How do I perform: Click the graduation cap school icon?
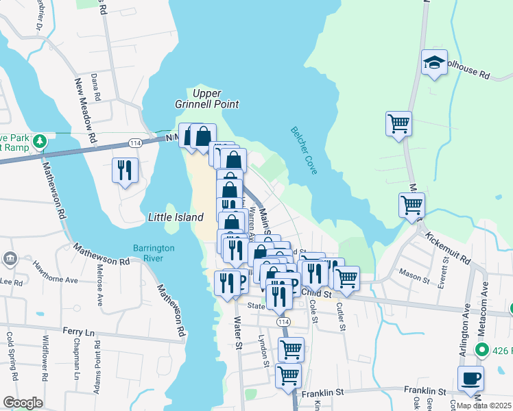coord(434,63)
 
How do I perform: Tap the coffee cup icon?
coord(471,378)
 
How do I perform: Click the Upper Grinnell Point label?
coord(215,99)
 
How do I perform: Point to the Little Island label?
coord(176,217)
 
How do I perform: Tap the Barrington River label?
coord(154,253)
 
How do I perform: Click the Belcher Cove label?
coord(304,150)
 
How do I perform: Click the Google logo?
coord(23,403)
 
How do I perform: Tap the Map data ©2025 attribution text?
coord(483,406)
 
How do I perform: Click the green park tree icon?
coord(40,140)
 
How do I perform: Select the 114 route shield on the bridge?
coord(134,142)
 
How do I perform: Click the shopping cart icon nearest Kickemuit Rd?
coord(411,204)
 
